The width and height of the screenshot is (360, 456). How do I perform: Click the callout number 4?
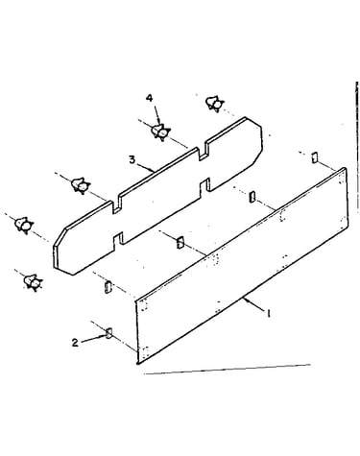(x=150, y=98)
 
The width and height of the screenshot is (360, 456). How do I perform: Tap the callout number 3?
(x=132, y=159)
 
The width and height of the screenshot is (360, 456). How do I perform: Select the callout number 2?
(x=75, y=343)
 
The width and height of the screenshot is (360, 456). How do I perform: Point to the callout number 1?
(x=269, y=313)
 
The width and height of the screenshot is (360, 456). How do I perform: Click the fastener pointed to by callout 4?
(x=160, y=132)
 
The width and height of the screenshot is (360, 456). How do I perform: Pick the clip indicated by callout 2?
(x=108, y=333)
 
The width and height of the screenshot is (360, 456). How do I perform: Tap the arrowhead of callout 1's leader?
(x=245, y=300)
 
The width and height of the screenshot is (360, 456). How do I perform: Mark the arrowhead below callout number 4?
(x=158, y=121)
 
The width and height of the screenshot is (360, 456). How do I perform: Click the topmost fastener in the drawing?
(x=214, y=104)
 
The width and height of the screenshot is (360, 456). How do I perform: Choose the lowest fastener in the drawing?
(x=34, y=282)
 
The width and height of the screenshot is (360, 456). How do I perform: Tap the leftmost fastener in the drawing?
(x=24, y=225)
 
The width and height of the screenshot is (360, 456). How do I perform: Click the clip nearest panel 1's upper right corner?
(x=315, y=157)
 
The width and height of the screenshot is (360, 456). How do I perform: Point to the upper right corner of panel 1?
(x=345, y=168)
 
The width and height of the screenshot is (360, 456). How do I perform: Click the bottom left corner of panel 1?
(x=137, y=363)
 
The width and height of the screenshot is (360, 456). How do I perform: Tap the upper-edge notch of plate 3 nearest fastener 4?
(x=203, y=153)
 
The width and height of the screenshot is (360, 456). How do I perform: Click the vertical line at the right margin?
(x=357, y=147)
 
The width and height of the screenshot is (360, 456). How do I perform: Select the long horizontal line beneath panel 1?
(x=228, y=369)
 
